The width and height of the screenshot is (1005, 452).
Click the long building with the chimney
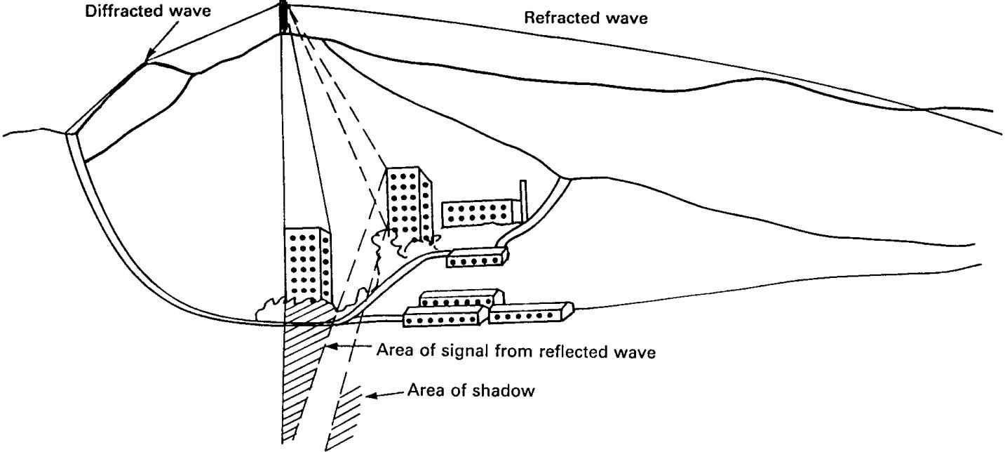click(x=483, y=211)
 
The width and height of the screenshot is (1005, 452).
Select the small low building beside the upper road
click(x=477, y=258)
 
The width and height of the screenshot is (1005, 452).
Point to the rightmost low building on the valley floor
click(x=531, y=313)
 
